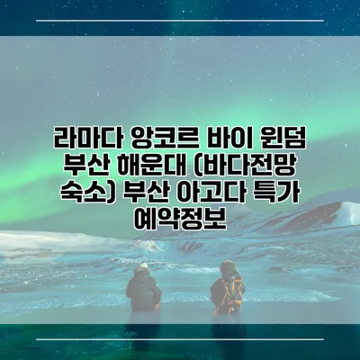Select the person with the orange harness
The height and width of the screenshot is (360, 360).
226,292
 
